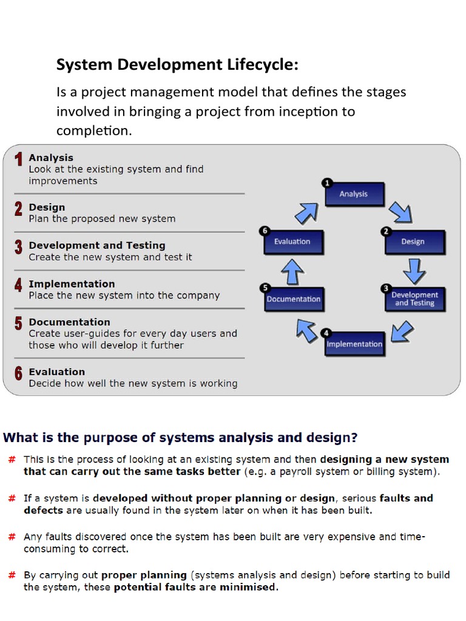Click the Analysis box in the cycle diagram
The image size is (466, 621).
(354, 194)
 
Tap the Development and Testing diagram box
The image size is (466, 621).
(415, 298)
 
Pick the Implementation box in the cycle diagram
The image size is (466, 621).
(354, 344)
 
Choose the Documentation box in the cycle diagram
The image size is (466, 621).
(294, 299)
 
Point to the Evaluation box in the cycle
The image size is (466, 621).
(294, 241)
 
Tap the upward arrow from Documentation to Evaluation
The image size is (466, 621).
(292, 271)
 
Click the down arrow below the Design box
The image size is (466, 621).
(414, 270)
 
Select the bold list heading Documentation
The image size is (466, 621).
(69, 322)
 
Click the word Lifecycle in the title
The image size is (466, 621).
(265, 65)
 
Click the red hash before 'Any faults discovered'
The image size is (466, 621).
(12, 537)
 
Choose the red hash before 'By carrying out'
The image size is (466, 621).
(12, 575)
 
